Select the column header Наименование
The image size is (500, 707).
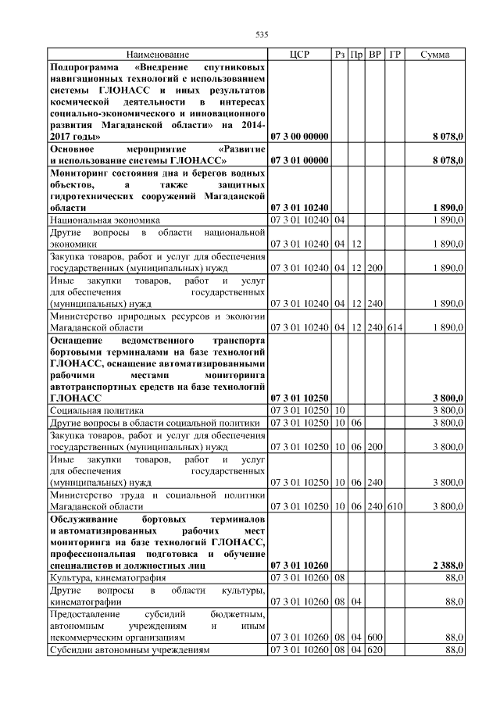158,55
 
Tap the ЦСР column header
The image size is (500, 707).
299,55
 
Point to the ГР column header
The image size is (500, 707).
395,55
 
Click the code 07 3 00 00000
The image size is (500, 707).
299,137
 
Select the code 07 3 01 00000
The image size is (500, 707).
299,161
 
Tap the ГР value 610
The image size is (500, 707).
395,506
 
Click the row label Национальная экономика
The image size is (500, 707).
104,221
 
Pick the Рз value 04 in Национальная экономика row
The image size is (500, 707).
340,221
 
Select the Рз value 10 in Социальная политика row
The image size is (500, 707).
340,409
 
